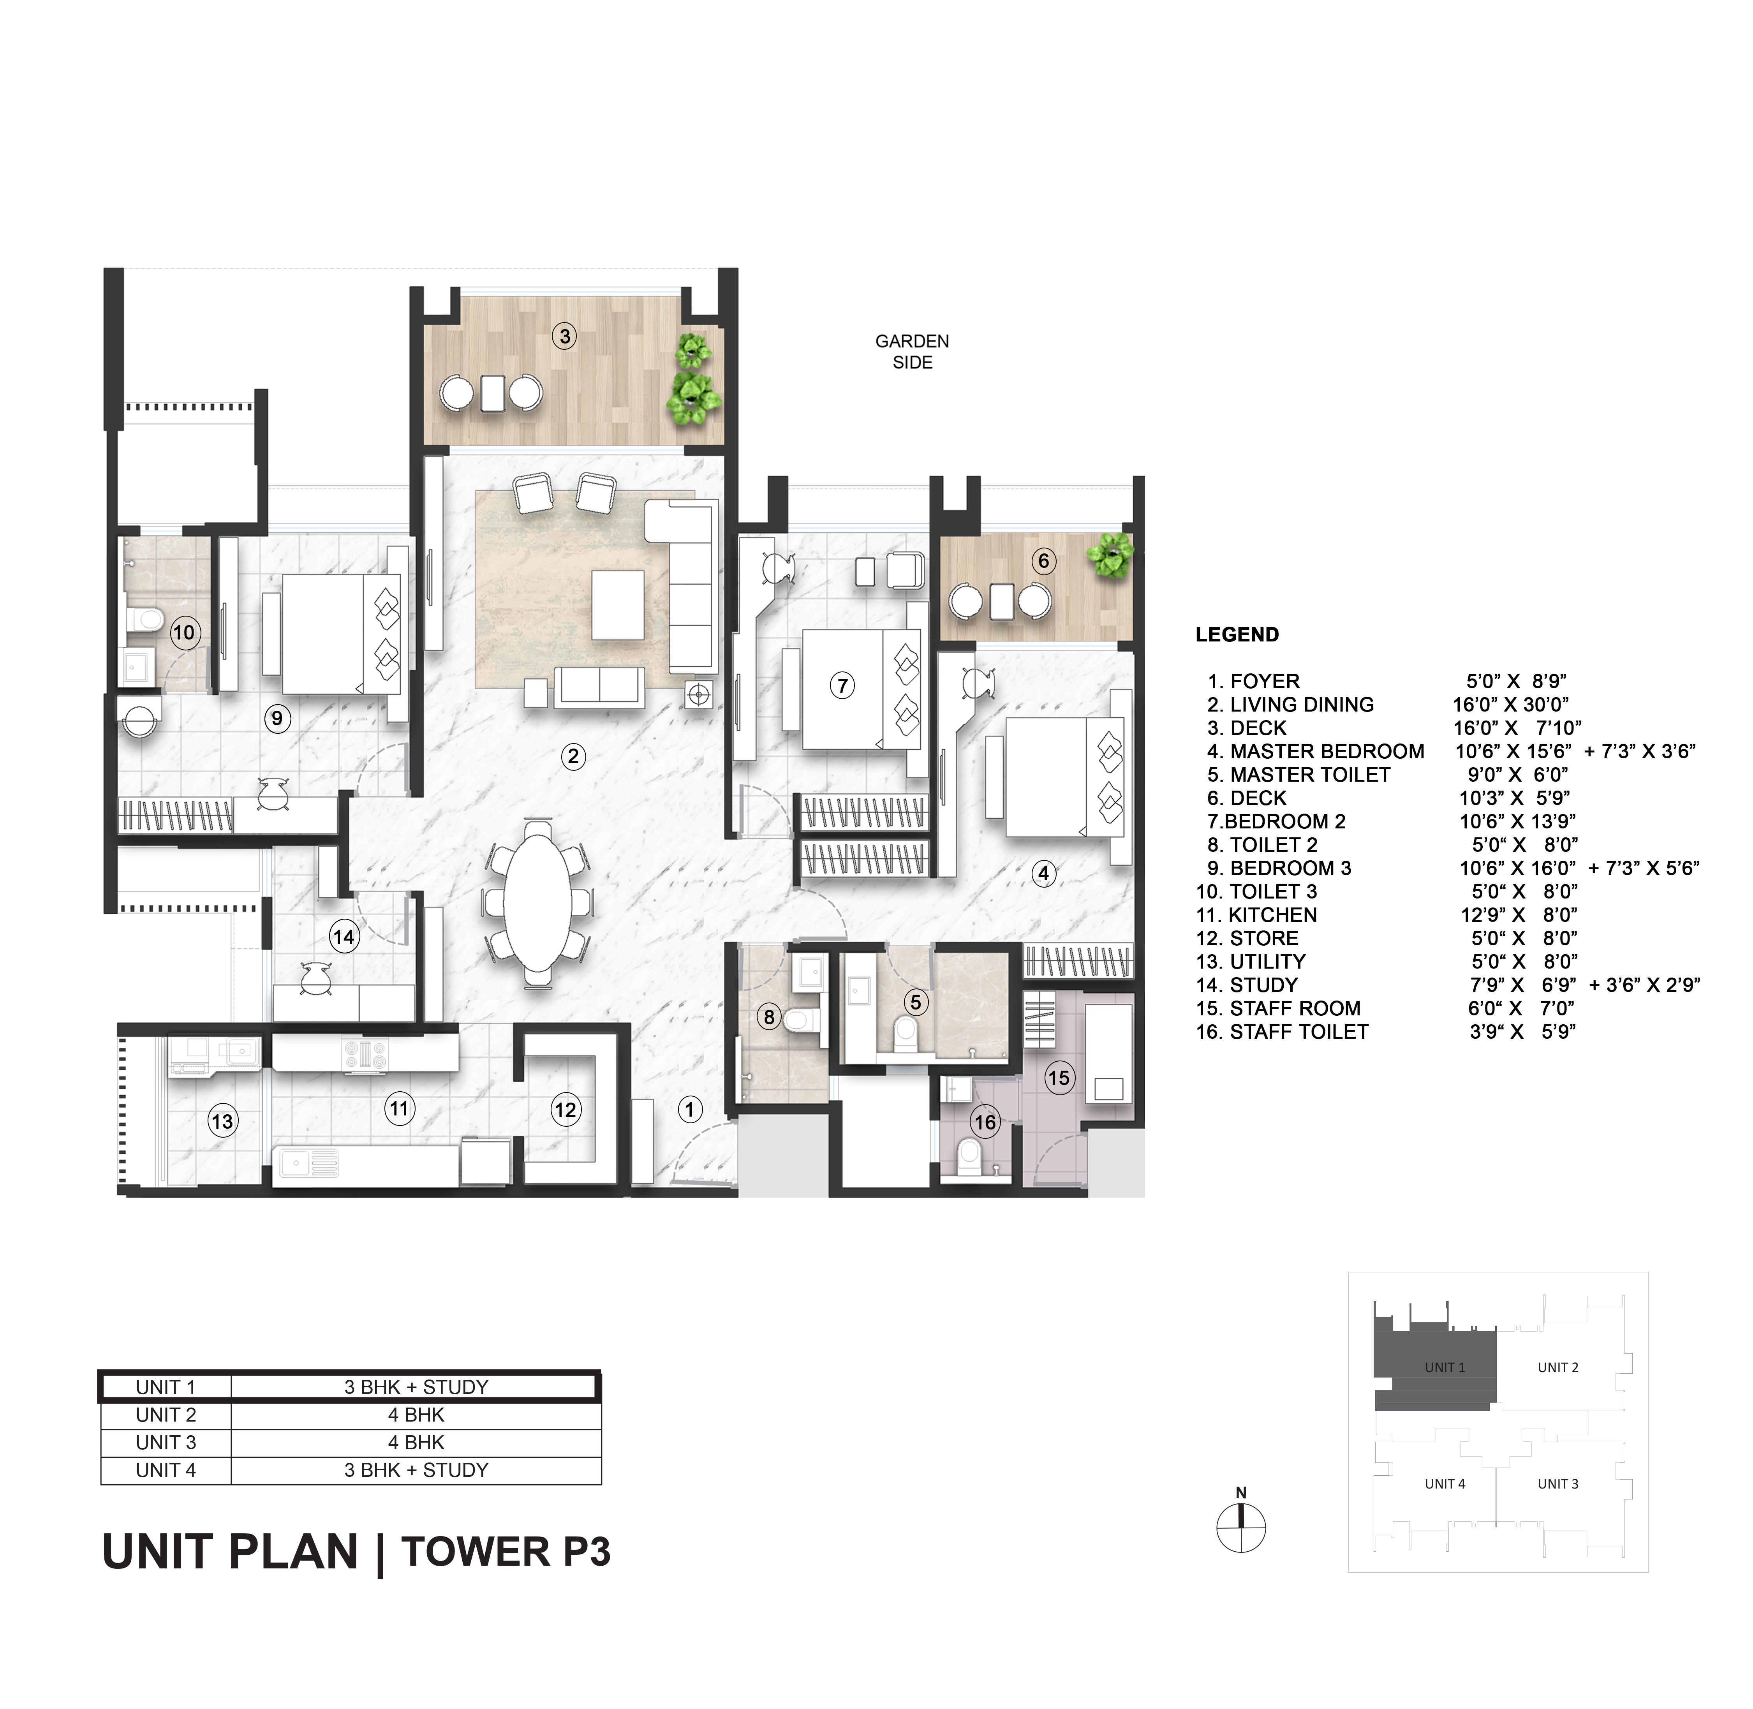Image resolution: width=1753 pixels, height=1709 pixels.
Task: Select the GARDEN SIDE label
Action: pos(912,352)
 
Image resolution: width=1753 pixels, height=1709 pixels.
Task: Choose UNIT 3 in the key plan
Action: pos(1557,1484)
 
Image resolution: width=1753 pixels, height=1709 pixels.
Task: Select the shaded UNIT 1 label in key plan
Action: pos(1444,1367)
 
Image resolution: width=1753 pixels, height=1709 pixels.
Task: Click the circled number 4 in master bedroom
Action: pos(1043,872)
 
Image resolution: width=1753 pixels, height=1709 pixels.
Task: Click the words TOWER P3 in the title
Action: pos(506,1552)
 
